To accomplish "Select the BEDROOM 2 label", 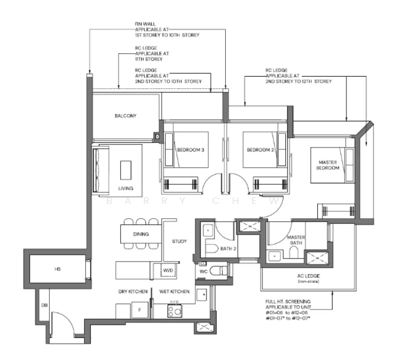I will click(259, 149).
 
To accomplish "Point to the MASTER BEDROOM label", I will click(328, 165).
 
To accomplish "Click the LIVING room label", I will click(126, 188).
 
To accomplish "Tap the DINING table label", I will click(141, 234).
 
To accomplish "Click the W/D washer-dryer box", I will click(167, 271).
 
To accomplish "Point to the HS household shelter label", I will click(58, 269).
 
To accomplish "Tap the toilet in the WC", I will click(220, 271).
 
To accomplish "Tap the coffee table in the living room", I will click(126, 170).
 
